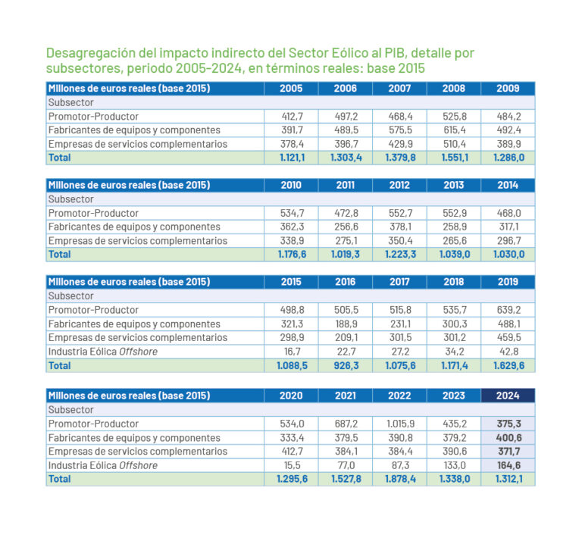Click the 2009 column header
click(x=508, y=89)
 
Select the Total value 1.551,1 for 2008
click(x=453, y=158)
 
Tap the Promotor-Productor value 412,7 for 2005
click(x=291, y=117)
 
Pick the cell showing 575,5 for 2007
click(x=399, y=130)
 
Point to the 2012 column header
click(x=399, y=186)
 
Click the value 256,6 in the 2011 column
click(x=346, y=227)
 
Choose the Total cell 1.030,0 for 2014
click(x=508, y=255)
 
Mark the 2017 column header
click(x=399, y=282)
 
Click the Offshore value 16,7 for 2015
click(x=291, y=352)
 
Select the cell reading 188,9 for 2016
click(x=346, y=324)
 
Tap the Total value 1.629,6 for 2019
click(x=508, y=365)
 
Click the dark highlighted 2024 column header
click(x=508, y=396)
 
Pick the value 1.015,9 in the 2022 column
click(x=399, y=424)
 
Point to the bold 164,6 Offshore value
click(x=508, y=465)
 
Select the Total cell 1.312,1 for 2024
click(x=508, y=479)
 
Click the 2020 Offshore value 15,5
click(x=291, y=465)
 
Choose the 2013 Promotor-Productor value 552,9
click(x=453, y=213)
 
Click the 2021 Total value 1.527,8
click(x=346, y=479)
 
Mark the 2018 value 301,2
click(x=453, y=337)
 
